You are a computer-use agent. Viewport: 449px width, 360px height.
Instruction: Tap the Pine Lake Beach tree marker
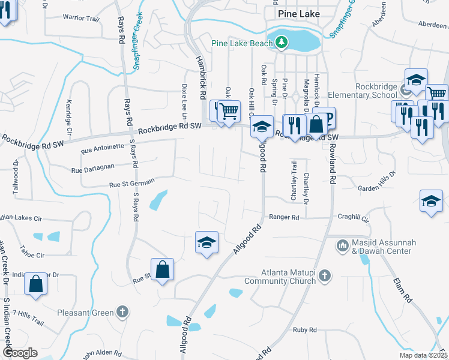280,42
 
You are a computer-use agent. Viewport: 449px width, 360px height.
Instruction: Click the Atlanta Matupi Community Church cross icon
324,275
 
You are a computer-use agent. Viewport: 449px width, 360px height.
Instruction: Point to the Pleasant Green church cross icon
122,311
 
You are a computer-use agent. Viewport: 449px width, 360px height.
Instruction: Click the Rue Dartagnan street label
92,170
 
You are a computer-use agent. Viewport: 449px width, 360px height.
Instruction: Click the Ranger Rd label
284,217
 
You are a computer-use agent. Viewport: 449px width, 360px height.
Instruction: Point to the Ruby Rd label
304,330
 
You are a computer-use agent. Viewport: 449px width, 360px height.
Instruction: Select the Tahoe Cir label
32,255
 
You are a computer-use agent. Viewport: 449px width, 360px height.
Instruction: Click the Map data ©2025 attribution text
423,355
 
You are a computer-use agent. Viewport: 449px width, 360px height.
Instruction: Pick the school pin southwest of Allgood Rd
206,243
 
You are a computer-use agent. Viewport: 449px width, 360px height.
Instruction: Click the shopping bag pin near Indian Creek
35,284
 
